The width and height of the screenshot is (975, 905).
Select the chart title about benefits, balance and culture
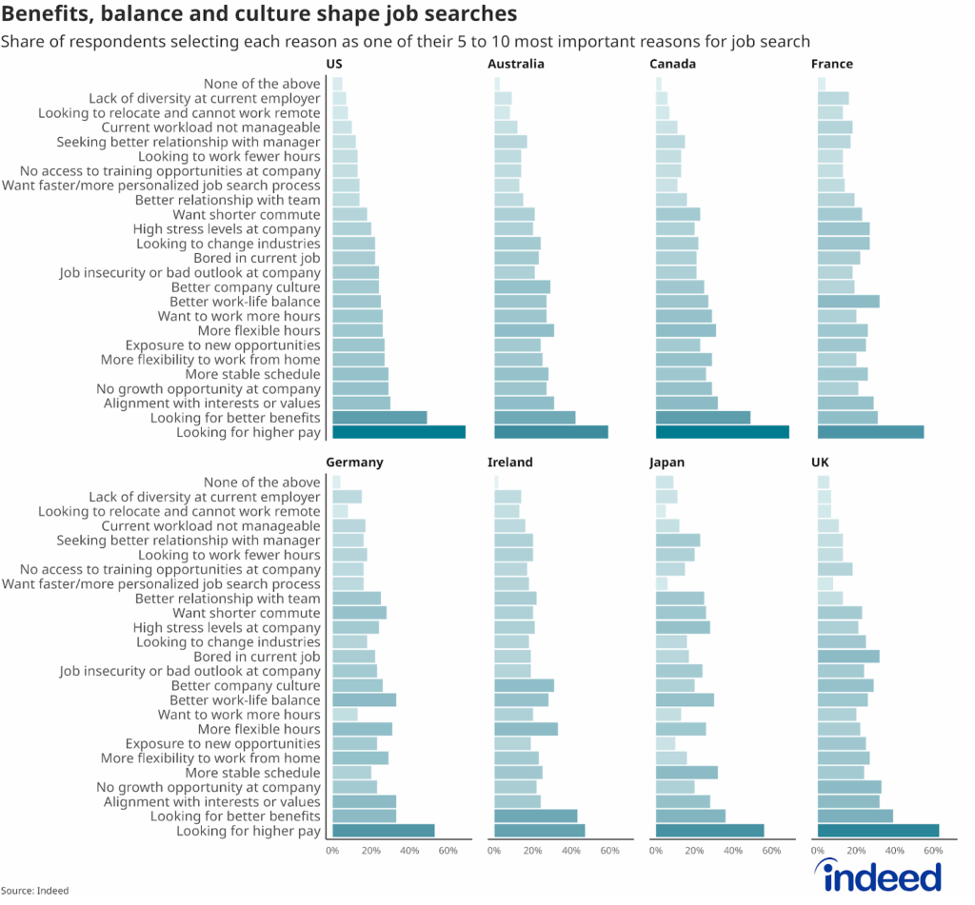260,14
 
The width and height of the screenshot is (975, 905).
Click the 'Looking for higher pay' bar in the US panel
399,432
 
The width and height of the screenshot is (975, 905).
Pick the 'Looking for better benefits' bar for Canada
703,418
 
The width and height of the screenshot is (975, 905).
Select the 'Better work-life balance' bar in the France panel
848,302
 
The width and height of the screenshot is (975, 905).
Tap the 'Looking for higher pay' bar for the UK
878,831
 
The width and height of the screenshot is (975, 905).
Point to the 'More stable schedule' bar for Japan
686,773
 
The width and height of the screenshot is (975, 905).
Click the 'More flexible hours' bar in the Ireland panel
526,729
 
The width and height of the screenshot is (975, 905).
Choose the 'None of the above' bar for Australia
497,84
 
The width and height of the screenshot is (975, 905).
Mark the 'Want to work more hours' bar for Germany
345,715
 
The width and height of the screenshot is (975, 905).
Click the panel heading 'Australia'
516,64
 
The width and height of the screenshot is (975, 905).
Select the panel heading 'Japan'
667,462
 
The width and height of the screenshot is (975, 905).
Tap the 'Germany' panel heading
354,462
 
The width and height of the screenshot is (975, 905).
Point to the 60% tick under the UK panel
933,849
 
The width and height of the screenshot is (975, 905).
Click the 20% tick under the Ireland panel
532,849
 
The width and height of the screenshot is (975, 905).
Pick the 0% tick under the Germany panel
332,849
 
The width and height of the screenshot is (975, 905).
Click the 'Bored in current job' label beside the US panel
257,258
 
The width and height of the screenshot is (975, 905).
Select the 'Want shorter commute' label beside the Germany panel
247,613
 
